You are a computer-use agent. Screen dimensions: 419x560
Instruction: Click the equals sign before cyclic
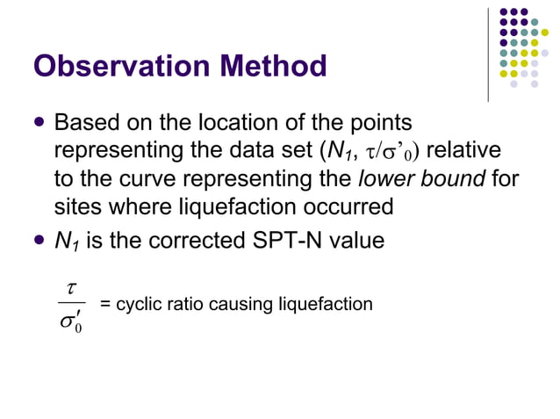pyautogui.click(x=104, y=305)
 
